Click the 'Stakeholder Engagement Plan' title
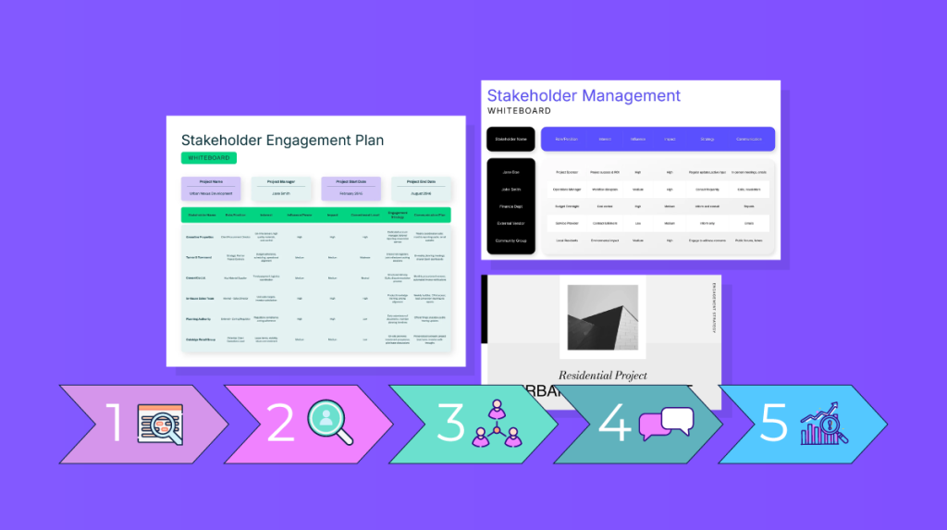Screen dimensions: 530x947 282,141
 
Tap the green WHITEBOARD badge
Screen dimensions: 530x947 208,158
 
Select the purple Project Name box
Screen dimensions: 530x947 211,188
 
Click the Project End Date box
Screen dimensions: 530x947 422,188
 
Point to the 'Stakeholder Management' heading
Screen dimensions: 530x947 584,95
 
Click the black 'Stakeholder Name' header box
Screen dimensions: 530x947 510,139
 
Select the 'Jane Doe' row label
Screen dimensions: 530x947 510,172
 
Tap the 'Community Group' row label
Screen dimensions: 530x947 510,240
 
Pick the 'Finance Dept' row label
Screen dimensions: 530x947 510,206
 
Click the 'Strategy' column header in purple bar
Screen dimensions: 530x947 707,139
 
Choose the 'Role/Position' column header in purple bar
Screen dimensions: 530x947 566,139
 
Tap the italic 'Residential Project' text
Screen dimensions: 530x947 602,376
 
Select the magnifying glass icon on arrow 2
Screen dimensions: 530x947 330,422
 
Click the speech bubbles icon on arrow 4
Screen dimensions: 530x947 665,423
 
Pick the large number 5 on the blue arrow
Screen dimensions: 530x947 773,423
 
